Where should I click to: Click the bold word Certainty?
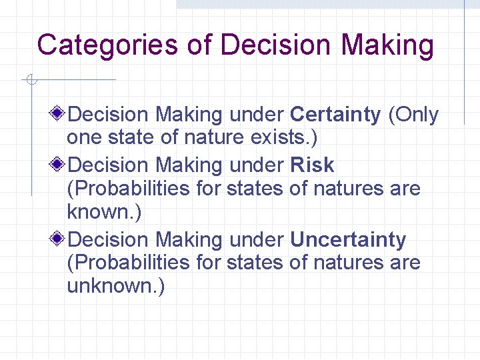(335, 115)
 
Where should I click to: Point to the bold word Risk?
(312, 165)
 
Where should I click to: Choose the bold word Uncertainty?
(348, 239)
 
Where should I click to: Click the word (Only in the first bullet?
(413, 115)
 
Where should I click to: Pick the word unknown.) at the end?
(115, 286)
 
